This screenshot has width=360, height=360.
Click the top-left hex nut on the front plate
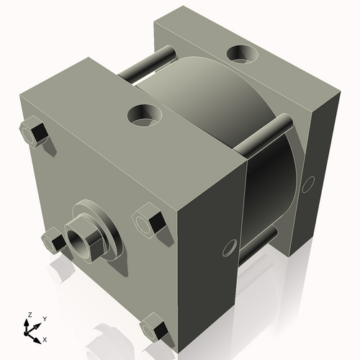tap(33, 134)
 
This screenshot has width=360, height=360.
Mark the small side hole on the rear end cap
tap(308, 184)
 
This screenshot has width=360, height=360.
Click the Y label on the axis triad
tap(44, 318)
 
